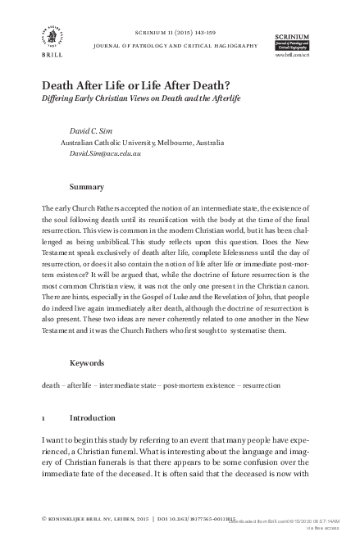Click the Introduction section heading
click(x=93, y=417)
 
